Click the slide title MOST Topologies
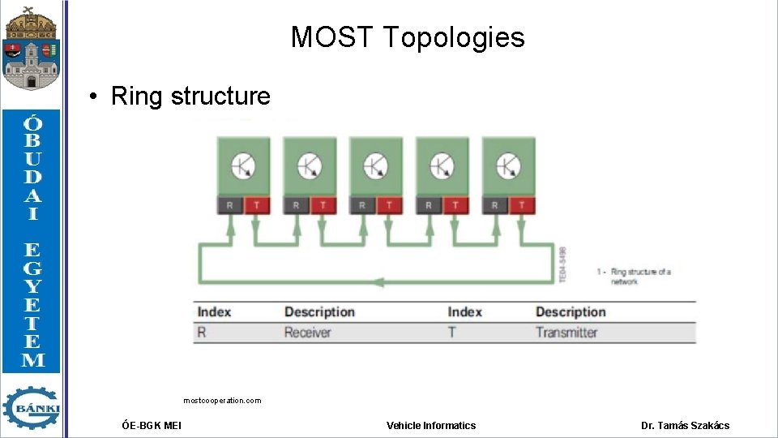408,37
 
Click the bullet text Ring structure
190,96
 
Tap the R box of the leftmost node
229,206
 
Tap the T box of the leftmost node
256,206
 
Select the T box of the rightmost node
522,206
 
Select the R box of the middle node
362,206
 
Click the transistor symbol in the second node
310,166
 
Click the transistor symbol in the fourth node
442,166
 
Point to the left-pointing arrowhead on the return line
377,282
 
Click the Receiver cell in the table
307,333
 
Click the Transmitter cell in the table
566,333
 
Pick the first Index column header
214,312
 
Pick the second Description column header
571,312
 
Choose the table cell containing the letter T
453,333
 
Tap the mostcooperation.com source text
222,401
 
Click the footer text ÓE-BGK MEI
152,425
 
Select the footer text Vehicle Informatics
431,425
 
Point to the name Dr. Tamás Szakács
685,425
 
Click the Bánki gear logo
32,407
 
